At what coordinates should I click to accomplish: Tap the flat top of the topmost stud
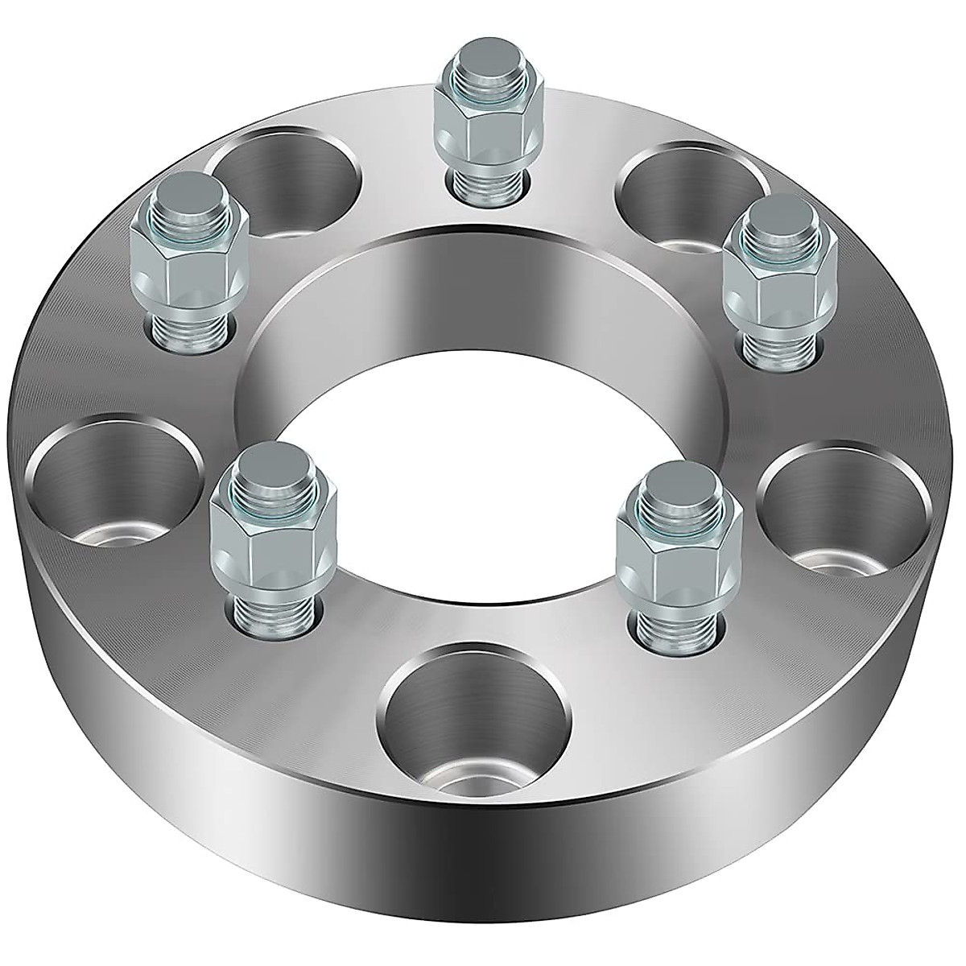coord(483,60)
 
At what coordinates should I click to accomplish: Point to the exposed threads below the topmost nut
coord(483,181)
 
